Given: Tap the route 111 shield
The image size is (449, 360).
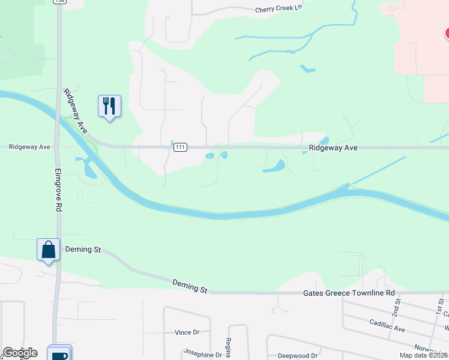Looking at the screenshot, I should click(x=179, y=147).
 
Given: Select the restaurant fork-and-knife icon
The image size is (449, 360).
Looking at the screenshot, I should click(x=109, y=106).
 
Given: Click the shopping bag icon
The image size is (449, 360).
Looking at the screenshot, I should click(x=48, y=250).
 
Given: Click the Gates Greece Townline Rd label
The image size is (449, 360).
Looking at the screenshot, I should click(x=349, y=293).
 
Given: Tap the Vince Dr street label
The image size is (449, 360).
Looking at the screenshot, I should click(x=187, y=332).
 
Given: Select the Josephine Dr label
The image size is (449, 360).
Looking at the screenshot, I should click(x=203, y=354).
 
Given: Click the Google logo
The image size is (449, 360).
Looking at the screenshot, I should click(x=20, y=353).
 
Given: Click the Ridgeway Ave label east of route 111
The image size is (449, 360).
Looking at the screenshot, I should click(x=333, y=147).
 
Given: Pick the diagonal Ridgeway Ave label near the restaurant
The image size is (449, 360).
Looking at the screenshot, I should click(x=74, y=111).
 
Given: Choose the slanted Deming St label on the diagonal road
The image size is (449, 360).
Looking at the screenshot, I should click(x=190, y=286).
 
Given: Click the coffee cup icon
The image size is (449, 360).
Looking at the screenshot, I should click(x=59, y=355).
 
